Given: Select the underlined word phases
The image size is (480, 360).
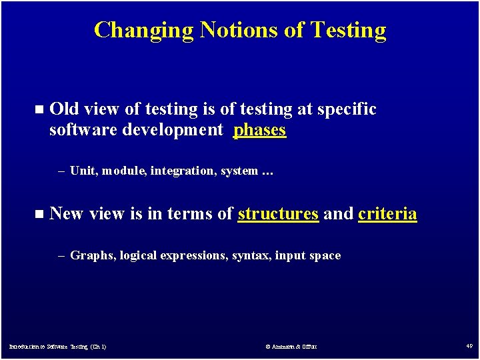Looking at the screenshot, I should (259, 130).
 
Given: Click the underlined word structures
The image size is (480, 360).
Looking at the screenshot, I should (278, 214).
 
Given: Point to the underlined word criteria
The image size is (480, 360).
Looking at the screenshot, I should (387, 214).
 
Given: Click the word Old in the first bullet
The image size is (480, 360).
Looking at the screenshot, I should (64, 109).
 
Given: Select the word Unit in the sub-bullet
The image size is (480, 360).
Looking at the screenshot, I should (83, 171).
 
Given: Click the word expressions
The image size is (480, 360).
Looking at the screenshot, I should (193, 256).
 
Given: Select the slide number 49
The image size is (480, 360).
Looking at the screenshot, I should (469, 346).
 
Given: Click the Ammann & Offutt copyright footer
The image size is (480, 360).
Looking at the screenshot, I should (291, 347).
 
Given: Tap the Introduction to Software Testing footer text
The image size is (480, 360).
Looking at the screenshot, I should (57, 347).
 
